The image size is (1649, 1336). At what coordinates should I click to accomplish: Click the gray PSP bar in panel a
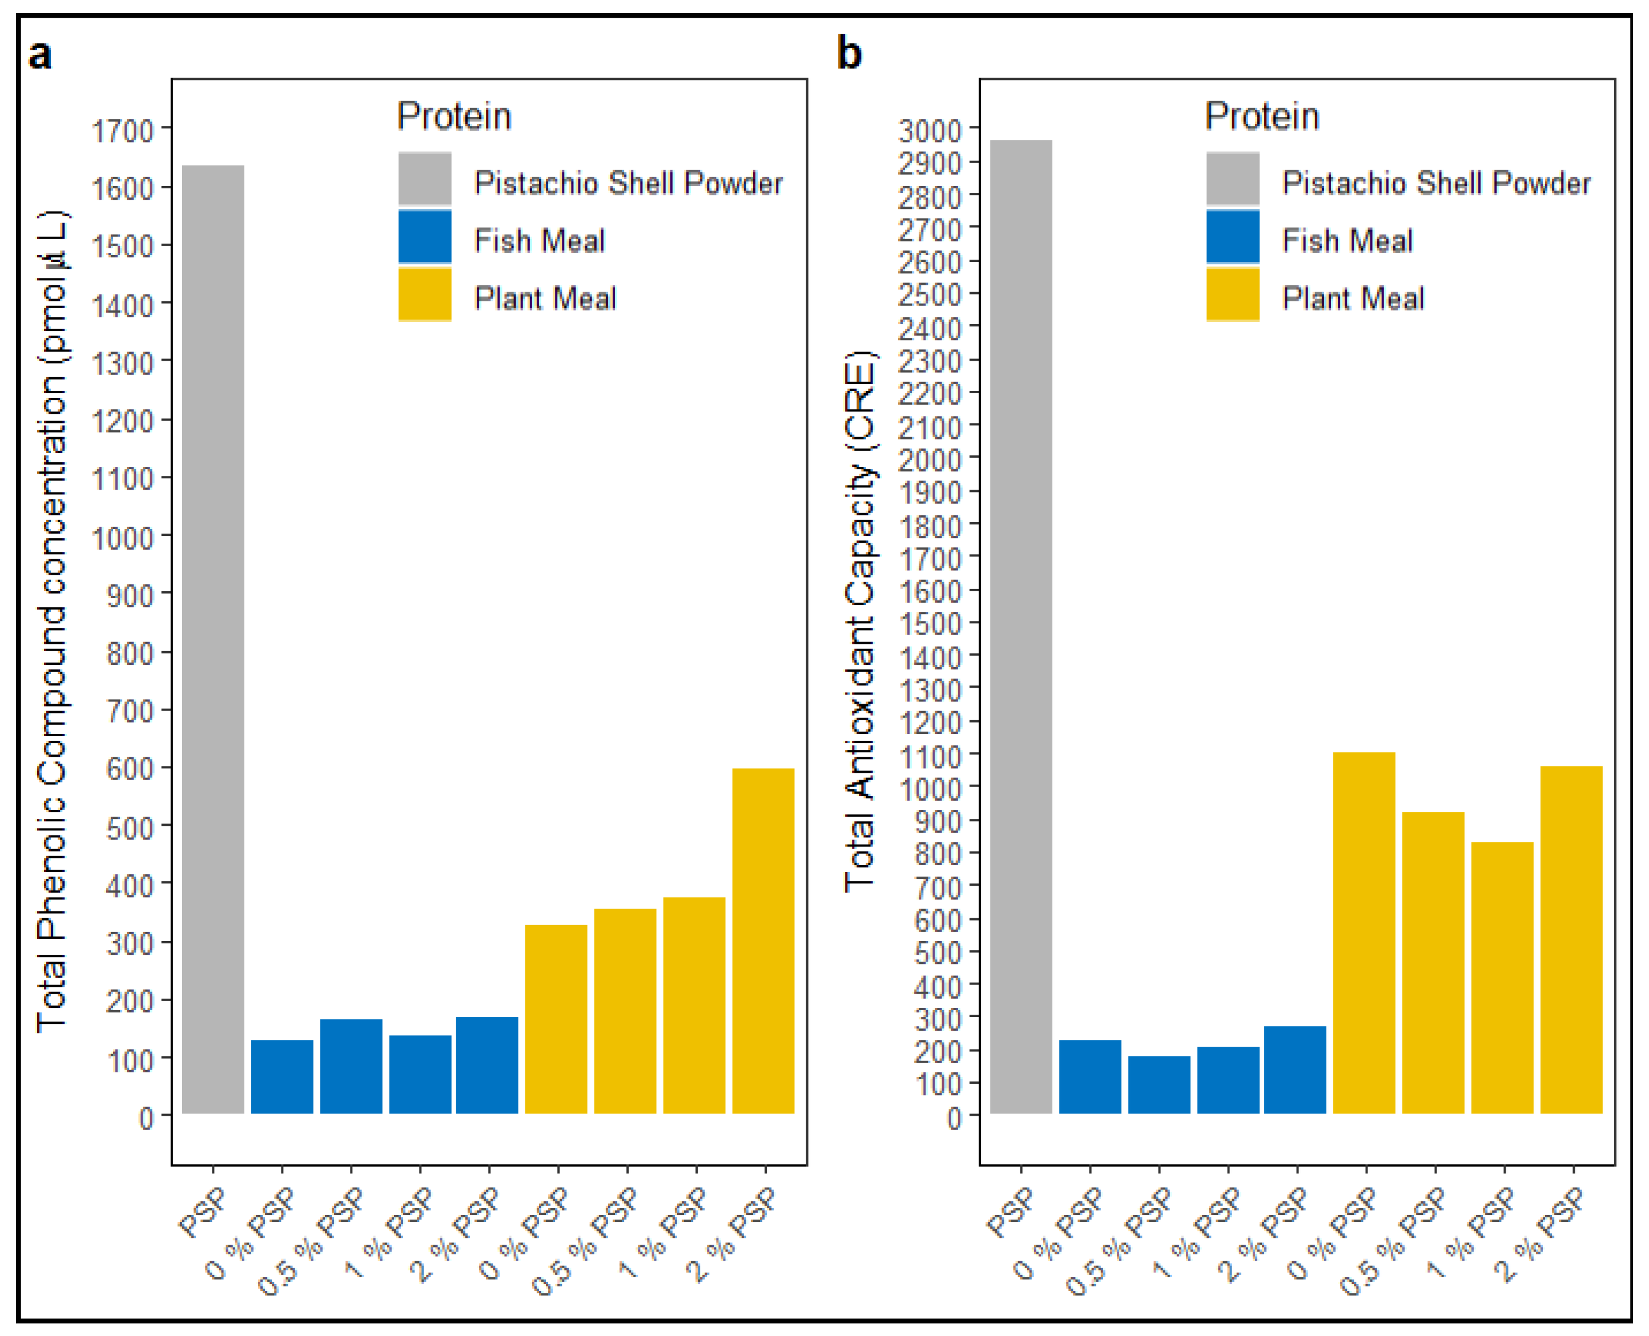point(213,639)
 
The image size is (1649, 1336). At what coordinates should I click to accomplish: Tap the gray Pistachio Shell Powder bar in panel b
point(1021,627)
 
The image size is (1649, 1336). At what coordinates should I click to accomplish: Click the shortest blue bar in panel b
point(1159,1084)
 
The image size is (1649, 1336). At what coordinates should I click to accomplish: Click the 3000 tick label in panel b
point(930,130)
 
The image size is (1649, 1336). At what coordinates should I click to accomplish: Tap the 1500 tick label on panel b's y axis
point(930,623)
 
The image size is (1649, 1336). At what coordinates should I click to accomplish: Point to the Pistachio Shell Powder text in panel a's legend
point(628,183)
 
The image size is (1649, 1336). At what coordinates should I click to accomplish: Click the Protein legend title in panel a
point(453,116)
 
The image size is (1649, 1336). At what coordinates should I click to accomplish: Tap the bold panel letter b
point(849,54)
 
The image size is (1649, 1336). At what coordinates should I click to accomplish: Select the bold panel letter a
point(40,55)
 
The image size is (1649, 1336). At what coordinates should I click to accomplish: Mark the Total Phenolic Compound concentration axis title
point(53,622)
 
